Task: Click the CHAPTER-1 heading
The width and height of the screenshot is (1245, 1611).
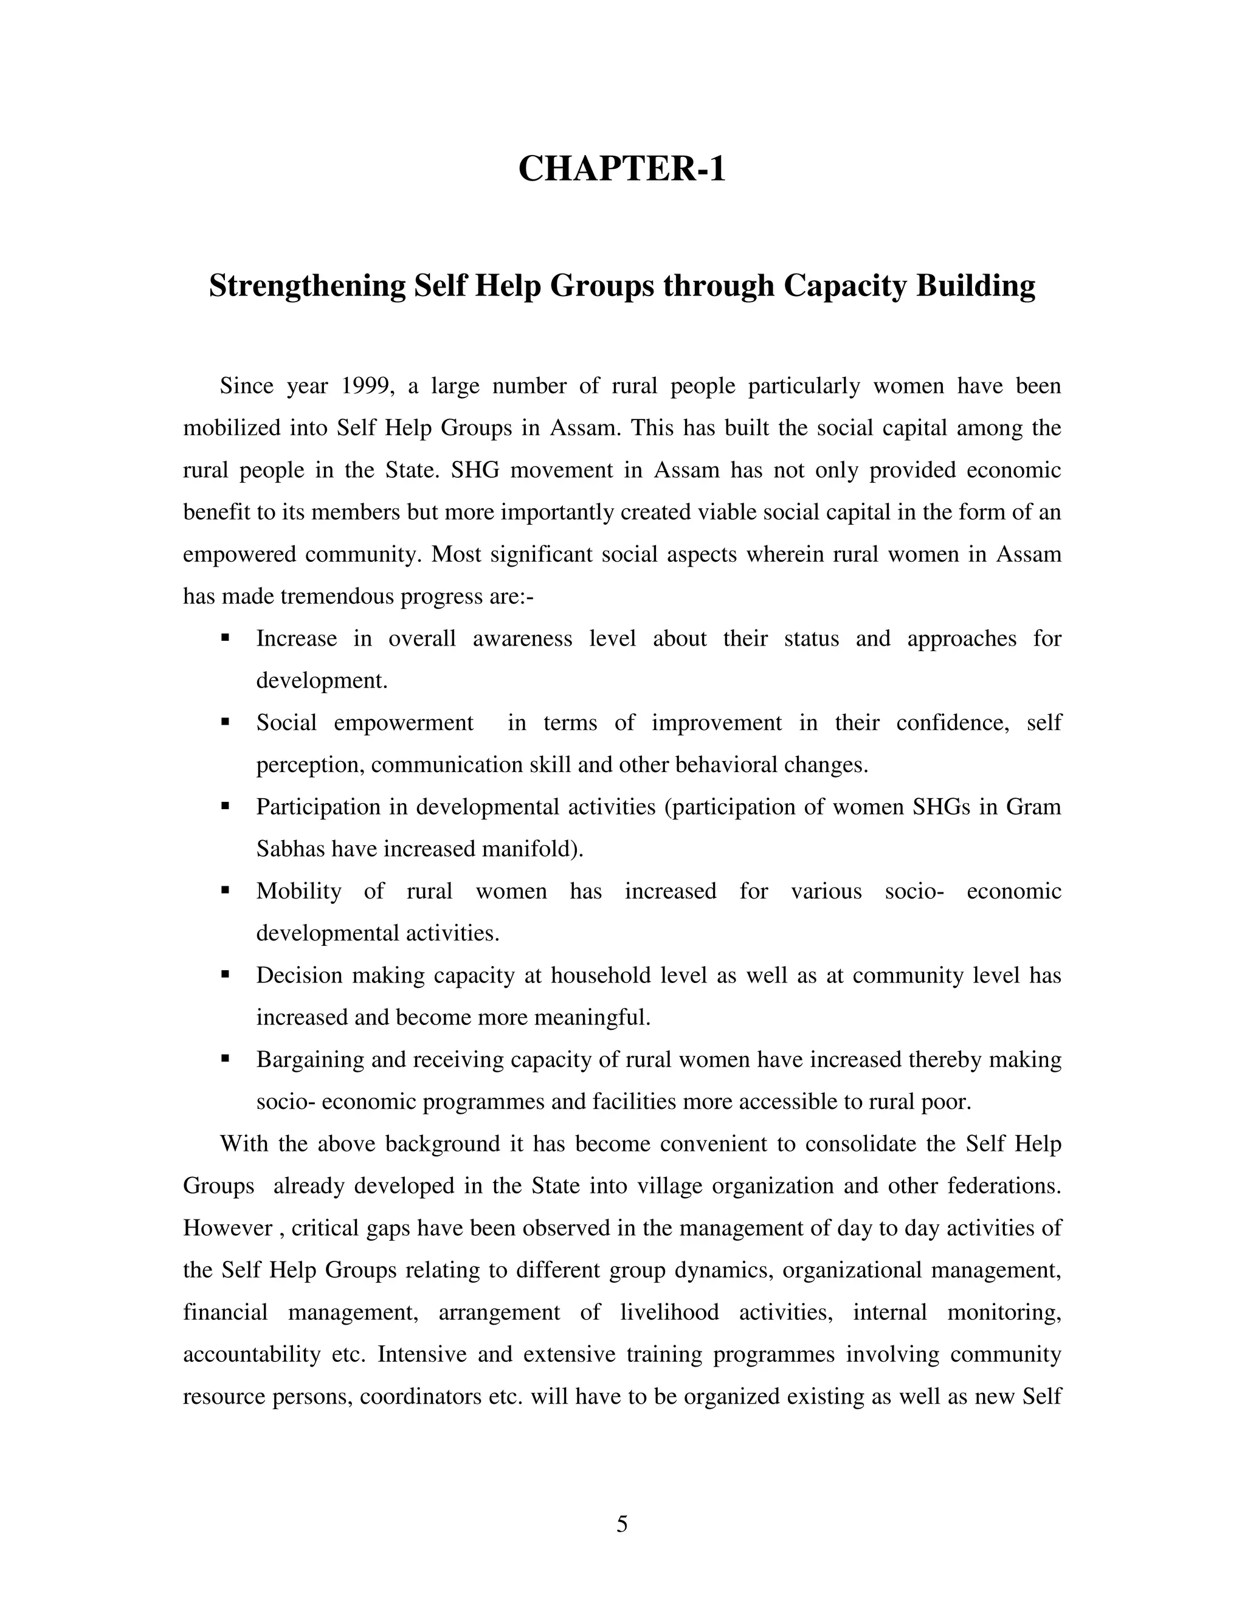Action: (622, 169)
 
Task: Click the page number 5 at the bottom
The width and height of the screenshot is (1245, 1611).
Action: (622, 1525)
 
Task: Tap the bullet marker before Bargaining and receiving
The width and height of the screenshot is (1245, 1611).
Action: (226, 1058)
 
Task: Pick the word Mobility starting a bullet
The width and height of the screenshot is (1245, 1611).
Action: (298, 891)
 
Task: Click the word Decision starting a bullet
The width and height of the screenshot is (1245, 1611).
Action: (298, 975)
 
